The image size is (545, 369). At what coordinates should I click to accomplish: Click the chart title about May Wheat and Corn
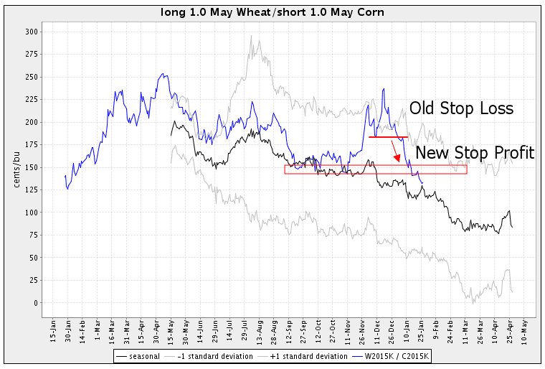[273, 12]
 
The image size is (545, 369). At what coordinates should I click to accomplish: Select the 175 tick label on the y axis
[31, 144]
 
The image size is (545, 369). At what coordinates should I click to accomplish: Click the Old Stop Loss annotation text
[461, 108]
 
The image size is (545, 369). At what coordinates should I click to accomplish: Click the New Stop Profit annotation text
[474, 152]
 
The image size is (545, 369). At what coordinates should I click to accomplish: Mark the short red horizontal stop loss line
[388, 136]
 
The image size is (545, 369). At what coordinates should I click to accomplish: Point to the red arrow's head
[398, 160]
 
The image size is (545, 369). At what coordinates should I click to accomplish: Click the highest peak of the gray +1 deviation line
[251, 37]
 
